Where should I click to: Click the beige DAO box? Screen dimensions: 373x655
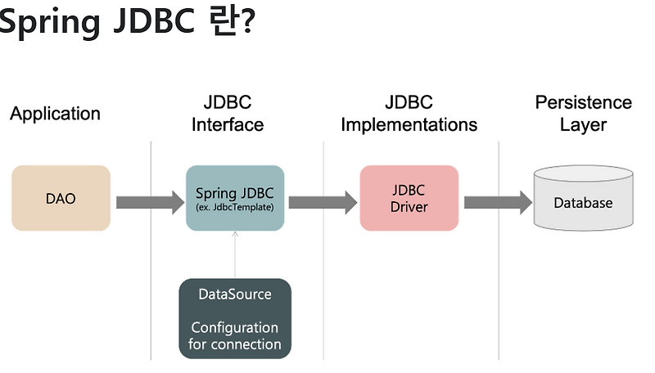point(61,198)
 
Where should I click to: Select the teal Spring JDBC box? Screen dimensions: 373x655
point(235,198)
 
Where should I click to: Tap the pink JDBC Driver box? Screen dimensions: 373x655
point(409,198)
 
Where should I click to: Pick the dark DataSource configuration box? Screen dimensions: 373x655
point(235,318)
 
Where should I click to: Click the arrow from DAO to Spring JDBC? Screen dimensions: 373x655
point(150,201)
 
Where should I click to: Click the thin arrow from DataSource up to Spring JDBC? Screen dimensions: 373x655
point(235,254)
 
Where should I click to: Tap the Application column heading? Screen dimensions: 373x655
point(55,114)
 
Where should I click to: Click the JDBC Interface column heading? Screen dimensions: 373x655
point(228,114)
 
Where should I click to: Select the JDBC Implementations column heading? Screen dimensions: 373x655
point(409,114)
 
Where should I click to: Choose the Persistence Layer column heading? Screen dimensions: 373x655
point(583,114)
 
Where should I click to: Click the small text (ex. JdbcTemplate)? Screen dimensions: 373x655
point(235,208)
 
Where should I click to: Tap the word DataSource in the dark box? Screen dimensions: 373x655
point(235,294)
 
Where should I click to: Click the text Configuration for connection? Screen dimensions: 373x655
point(235,335)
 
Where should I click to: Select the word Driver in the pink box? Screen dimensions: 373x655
point(409,207)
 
